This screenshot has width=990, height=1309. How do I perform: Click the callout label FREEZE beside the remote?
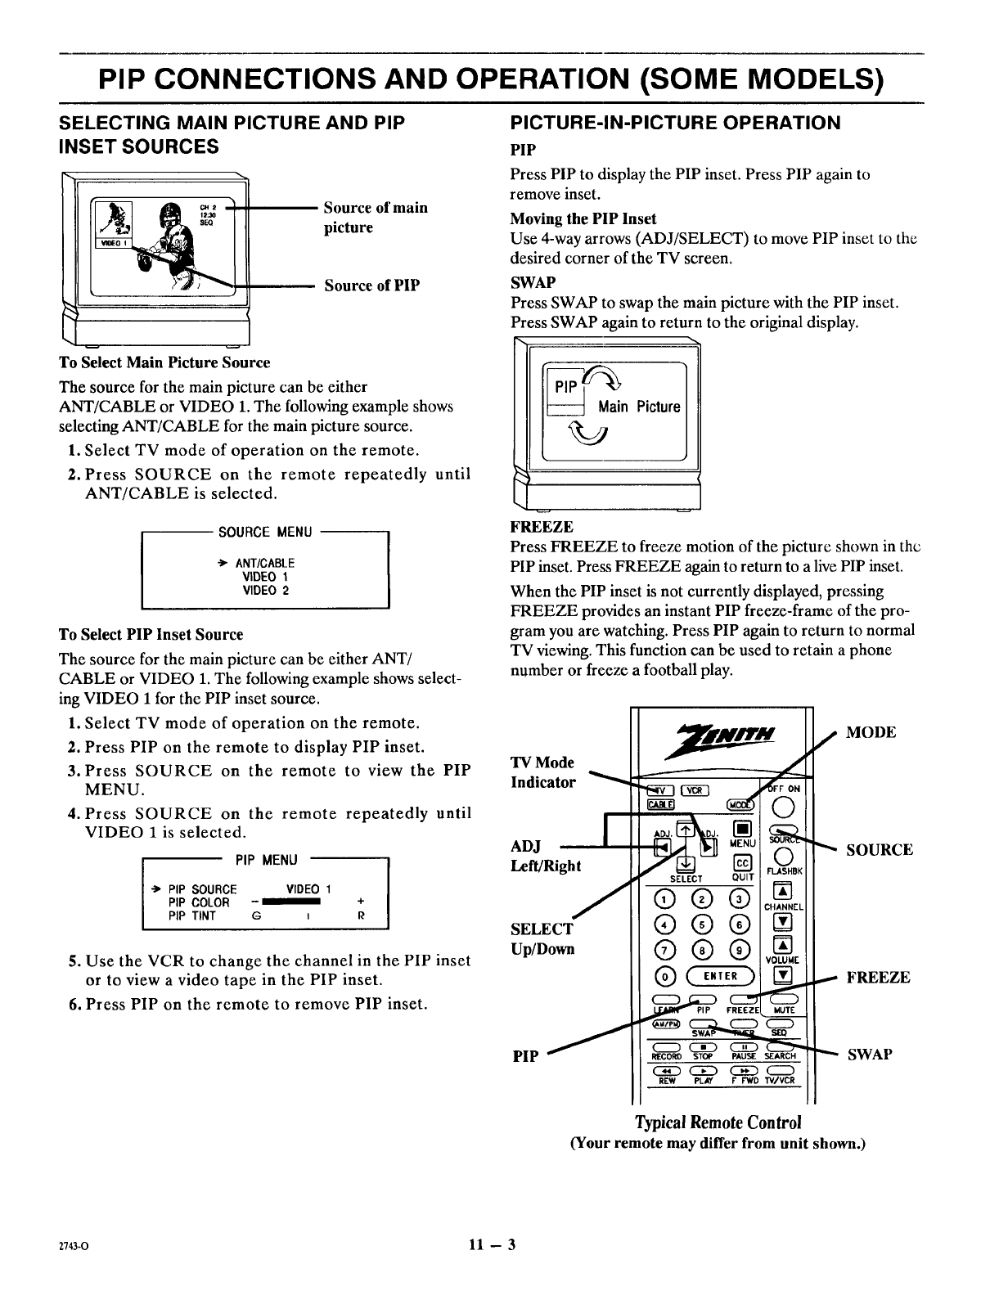point(878,978)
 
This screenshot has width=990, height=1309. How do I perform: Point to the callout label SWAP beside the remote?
point(870,1055)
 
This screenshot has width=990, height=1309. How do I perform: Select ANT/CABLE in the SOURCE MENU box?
point(264,564)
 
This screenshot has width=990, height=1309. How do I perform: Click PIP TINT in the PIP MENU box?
point(191,916)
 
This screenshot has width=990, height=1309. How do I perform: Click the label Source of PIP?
point(372,286)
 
